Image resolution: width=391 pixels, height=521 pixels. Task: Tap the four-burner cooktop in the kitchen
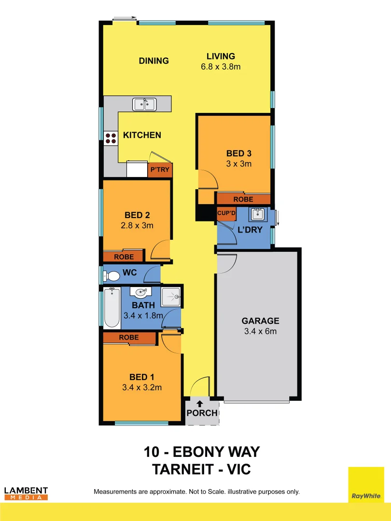111,138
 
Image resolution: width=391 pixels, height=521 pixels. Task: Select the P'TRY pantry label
160,170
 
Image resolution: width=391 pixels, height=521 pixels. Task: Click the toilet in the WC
112,276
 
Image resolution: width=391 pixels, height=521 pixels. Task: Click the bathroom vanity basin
141,292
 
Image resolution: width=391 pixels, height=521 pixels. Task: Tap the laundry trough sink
257,214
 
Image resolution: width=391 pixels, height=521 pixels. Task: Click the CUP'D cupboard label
226,213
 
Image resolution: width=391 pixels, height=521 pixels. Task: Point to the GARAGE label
260,321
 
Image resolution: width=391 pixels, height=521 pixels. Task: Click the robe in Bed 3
243,199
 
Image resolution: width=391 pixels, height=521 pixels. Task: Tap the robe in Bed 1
129,338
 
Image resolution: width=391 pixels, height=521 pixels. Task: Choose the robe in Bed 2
124,257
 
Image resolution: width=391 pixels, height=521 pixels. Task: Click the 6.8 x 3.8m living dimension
221,67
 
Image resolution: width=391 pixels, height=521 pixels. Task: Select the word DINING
154,61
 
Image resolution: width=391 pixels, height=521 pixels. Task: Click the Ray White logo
366,484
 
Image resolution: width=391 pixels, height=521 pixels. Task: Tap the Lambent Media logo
26,493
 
